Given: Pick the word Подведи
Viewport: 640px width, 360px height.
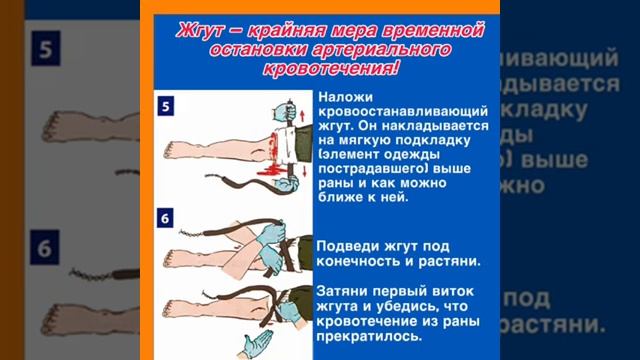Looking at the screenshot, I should click(x=344, y=246).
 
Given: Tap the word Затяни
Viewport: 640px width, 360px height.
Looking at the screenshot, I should click(x=342, y=291).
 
